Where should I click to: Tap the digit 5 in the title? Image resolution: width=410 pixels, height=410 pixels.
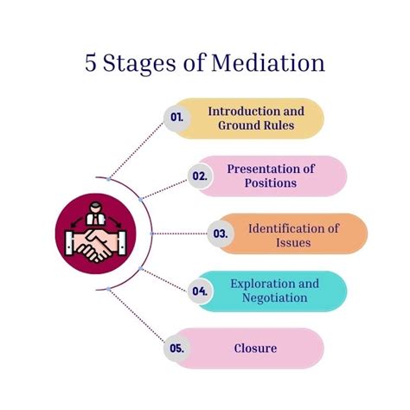point(91,64)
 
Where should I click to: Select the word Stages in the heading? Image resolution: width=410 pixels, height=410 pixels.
point(141,65)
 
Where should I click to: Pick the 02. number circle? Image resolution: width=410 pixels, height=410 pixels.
point(201,176)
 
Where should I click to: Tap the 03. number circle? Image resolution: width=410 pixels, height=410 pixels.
point(221,234)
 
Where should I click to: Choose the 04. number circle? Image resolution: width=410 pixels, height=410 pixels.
point(201,291)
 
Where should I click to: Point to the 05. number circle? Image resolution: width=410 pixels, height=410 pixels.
point(177,349)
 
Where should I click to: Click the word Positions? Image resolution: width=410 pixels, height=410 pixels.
point(271,183)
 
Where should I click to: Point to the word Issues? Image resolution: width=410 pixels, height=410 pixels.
point(294,243)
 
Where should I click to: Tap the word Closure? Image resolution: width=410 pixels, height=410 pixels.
point(255,349)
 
